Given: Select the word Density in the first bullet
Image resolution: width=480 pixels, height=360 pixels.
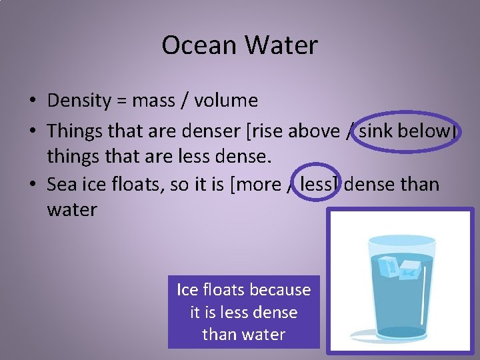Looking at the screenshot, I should click(x=79, y=101).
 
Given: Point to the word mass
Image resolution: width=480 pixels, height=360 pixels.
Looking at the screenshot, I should click(x=153, y=101).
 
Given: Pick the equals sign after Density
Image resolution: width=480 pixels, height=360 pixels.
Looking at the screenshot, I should click(x=121, y=101).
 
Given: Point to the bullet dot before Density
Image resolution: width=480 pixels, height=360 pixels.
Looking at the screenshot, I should click(x=32, y=101).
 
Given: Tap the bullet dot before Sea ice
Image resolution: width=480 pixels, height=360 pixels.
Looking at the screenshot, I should click(x=32, y=185).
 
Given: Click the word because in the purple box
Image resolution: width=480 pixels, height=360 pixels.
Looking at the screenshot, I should click(x=281, y=290).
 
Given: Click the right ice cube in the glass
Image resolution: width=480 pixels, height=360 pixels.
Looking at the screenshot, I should click(x=410, y=269).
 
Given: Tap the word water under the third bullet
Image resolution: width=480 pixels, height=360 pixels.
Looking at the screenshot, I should click(x=72, y=210).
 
